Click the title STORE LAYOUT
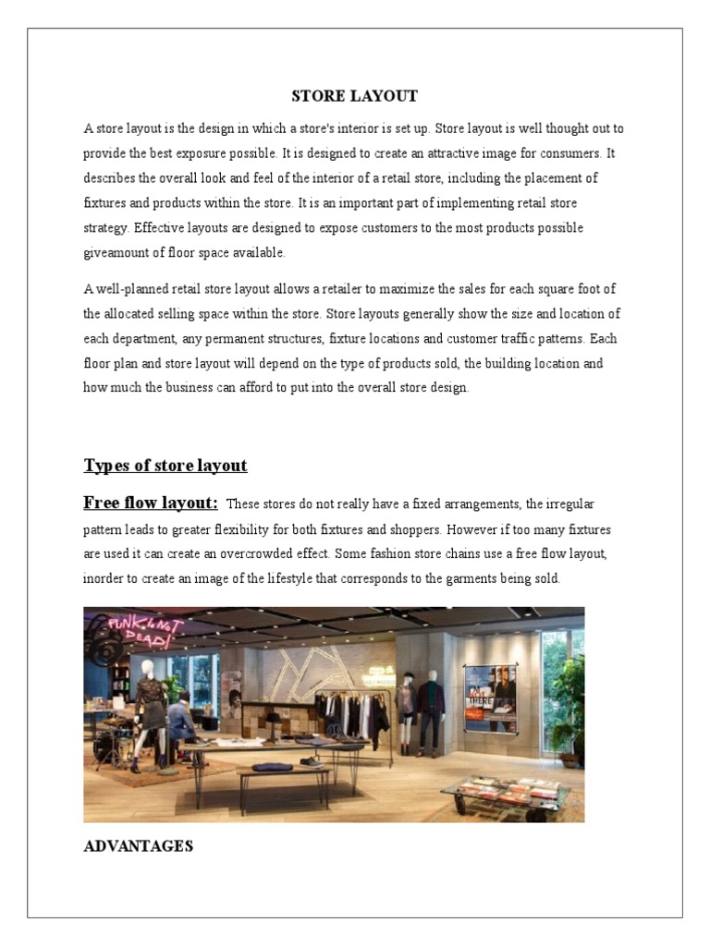[355, 96]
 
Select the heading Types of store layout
[165, 465]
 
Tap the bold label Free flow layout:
[151, 503]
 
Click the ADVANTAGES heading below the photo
[138, 845]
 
